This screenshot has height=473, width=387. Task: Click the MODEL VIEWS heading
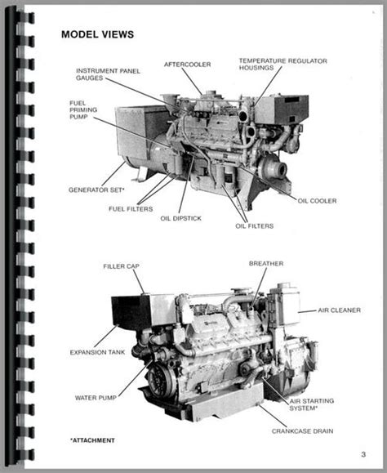(x=98, y=35)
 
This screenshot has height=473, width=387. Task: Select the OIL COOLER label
(x=317, y=200)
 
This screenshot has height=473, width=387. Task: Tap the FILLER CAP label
(x=122, y=266)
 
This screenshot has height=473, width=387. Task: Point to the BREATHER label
(x=266, y=263)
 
